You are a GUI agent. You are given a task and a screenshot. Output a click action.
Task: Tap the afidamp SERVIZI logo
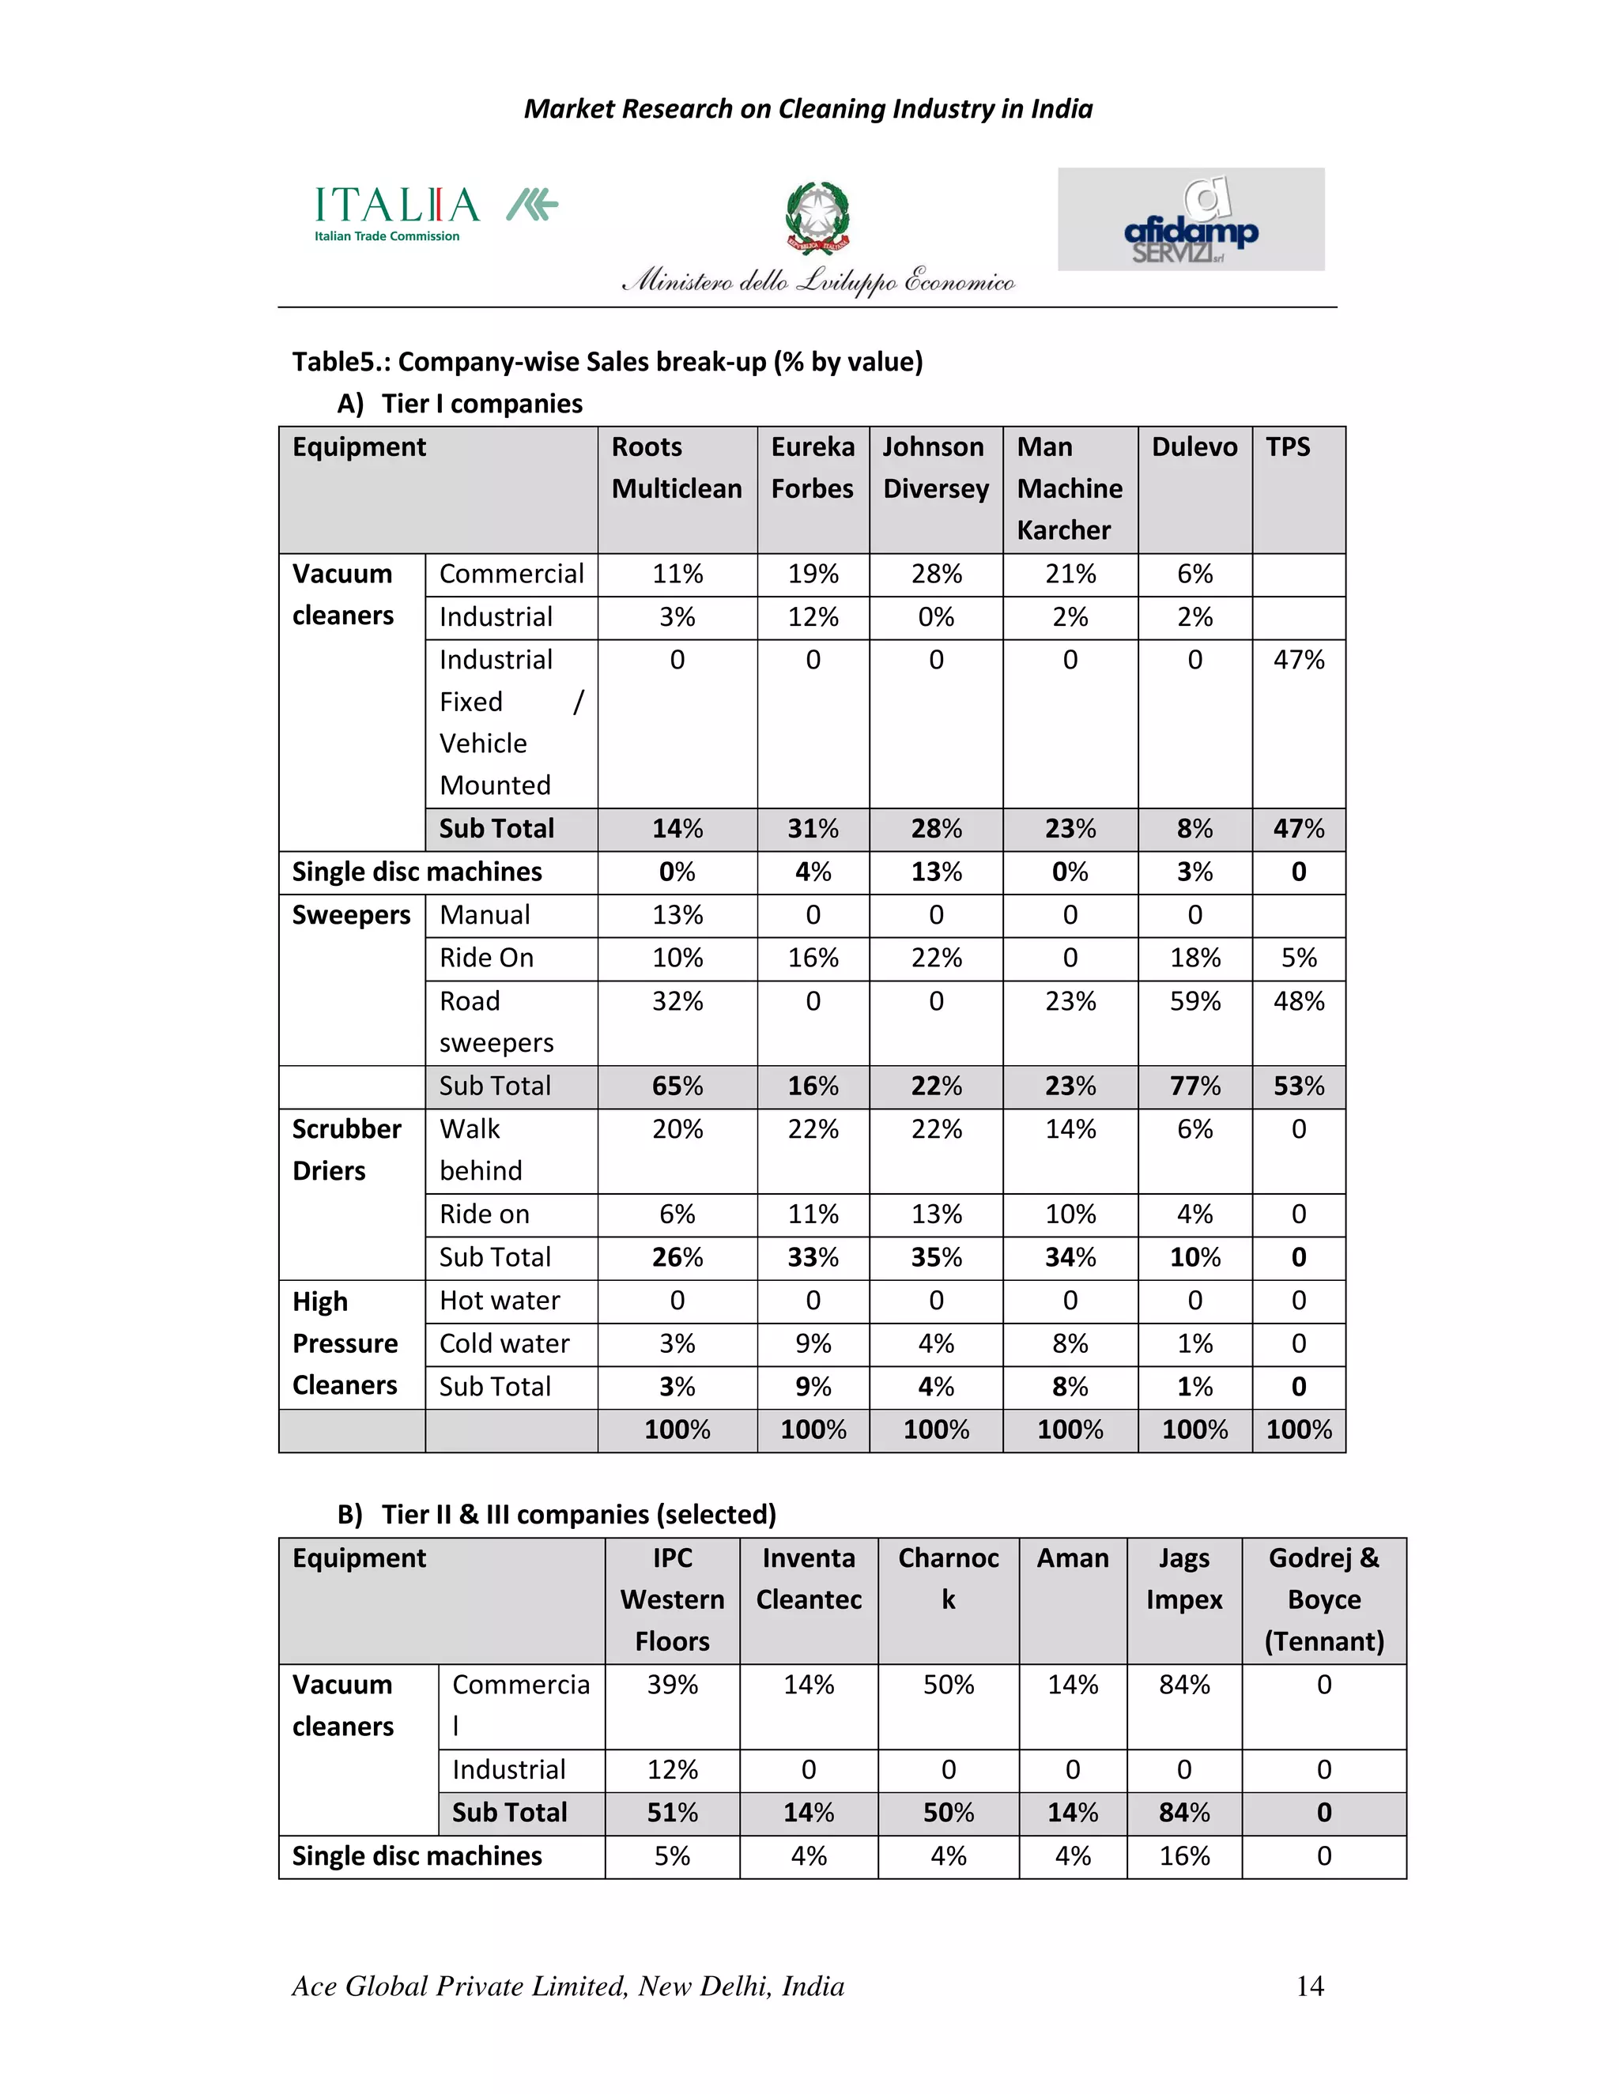click(x=1191, y=220)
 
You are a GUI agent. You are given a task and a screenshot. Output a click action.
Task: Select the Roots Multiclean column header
click(x=676, y=468)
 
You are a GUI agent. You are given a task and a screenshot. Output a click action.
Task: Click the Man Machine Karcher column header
click(x=1069, y=488)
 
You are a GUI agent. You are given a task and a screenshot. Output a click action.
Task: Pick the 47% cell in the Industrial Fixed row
click(x=1298, y=660)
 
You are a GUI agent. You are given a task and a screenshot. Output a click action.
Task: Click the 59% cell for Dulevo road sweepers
click(x=1194, y=1001)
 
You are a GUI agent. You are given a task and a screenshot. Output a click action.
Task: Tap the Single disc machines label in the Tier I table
click(x=417, y=872)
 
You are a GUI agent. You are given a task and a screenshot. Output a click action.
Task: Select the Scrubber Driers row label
click(x=346, y=1150)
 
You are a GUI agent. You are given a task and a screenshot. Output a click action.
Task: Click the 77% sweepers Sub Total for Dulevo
click(x=1194, y=1087)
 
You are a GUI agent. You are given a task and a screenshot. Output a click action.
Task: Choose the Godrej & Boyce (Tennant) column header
click(x=1323, y=1599)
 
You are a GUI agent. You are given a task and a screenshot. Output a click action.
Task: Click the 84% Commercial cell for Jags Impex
click(x=1183, y=1685)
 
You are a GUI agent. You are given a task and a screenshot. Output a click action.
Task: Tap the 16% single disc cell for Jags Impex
click(x=1183, y=1856)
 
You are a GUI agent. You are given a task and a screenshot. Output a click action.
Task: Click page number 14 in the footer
click(x=1309, y=1986)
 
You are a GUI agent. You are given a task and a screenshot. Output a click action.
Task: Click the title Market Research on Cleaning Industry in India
click(x=808, y=109)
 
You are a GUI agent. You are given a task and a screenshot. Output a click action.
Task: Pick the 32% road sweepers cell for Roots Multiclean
click(x=677, y=1001)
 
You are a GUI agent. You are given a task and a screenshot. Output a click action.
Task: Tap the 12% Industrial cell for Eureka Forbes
click(x=813, y=616)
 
